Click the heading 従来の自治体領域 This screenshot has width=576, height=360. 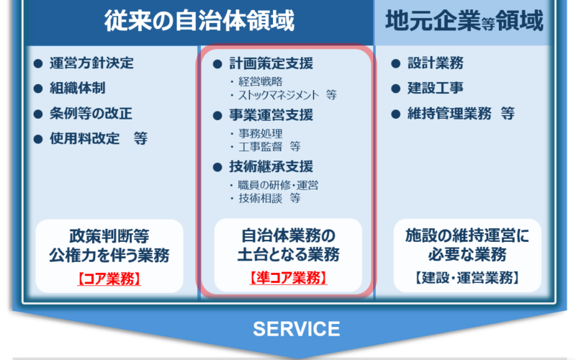point(199,21)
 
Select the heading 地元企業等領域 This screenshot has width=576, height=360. point(464,21)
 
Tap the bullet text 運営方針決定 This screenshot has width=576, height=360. point(91,63)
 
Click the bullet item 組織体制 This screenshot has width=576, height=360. point(78,88)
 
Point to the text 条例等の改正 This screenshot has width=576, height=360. point(91,114)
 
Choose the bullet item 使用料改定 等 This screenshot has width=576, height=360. point(99,138)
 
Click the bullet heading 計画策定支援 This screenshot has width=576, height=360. point(271,63)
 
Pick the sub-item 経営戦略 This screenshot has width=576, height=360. point(261,81)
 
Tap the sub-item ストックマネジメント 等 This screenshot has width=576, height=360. point(287,95)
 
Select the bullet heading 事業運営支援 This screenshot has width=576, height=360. point(271,115)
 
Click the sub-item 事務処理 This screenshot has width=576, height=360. point(261,133)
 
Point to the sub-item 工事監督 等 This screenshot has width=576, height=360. point(269,147)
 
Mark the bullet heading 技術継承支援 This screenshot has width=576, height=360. point(271,166)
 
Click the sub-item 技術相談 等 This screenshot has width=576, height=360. point(269,199)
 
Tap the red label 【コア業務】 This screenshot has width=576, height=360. point(109,279)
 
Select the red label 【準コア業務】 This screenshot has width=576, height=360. point(288,278)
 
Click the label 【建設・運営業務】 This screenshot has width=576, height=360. point(467,278)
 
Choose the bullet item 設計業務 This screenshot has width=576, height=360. point(436,63)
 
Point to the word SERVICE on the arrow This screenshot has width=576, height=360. point(297,329)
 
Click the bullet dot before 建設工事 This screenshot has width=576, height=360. point(395,89)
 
